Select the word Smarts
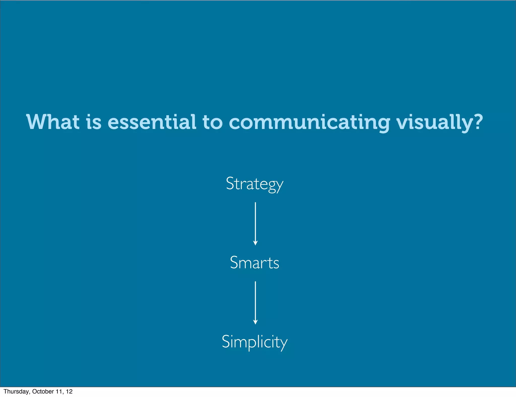[x=254, y=263]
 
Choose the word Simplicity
[x=254, y=342]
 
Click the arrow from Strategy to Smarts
[x=255, y=223]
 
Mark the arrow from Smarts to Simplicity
[x=255, y=302]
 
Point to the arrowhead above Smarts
[x=255, y=243]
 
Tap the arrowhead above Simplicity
[x=255, y=322]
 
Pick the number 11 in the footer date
[x=60, y=391]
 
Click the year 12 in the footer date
[x=69, y=391]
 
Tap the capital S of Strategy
[x=230, y=183]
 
